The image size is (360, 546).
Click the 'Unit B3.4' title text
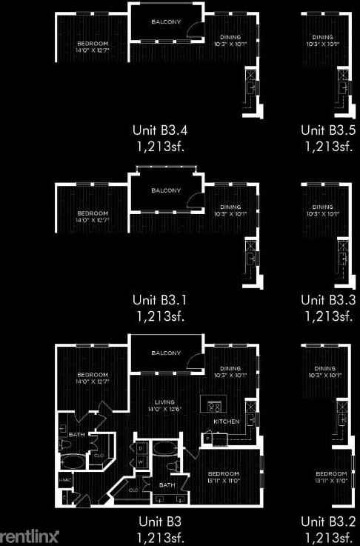tap(159, 130)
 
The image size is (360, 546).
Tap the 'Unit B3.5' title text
tap(328, 130)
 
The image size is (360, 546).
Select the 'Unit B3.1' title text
tap(159, 300)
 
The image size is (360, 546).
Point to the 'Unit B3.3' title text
tap(328, 300)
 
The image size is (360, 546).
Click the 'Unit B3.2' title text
tap(328, 521)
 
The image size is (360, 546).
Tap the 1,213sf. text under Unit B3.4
tap(159, 146)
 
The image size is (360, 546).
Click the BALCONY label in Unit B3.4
tap(166, 22)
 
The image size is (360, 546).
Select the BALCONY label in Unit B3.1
tap(166, 190)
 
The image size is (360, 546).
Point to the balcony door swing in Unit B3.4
tap(193, 29)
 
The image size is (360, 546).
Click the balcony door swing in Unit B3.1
tap(193, 198)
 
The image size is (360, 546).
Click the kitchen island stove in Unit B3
tap(216, 406)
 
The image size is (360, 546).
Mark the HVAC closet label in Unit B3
tap(64, 479)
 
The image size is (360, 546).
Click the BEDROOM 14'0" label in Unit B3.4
tap(93, 46)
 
